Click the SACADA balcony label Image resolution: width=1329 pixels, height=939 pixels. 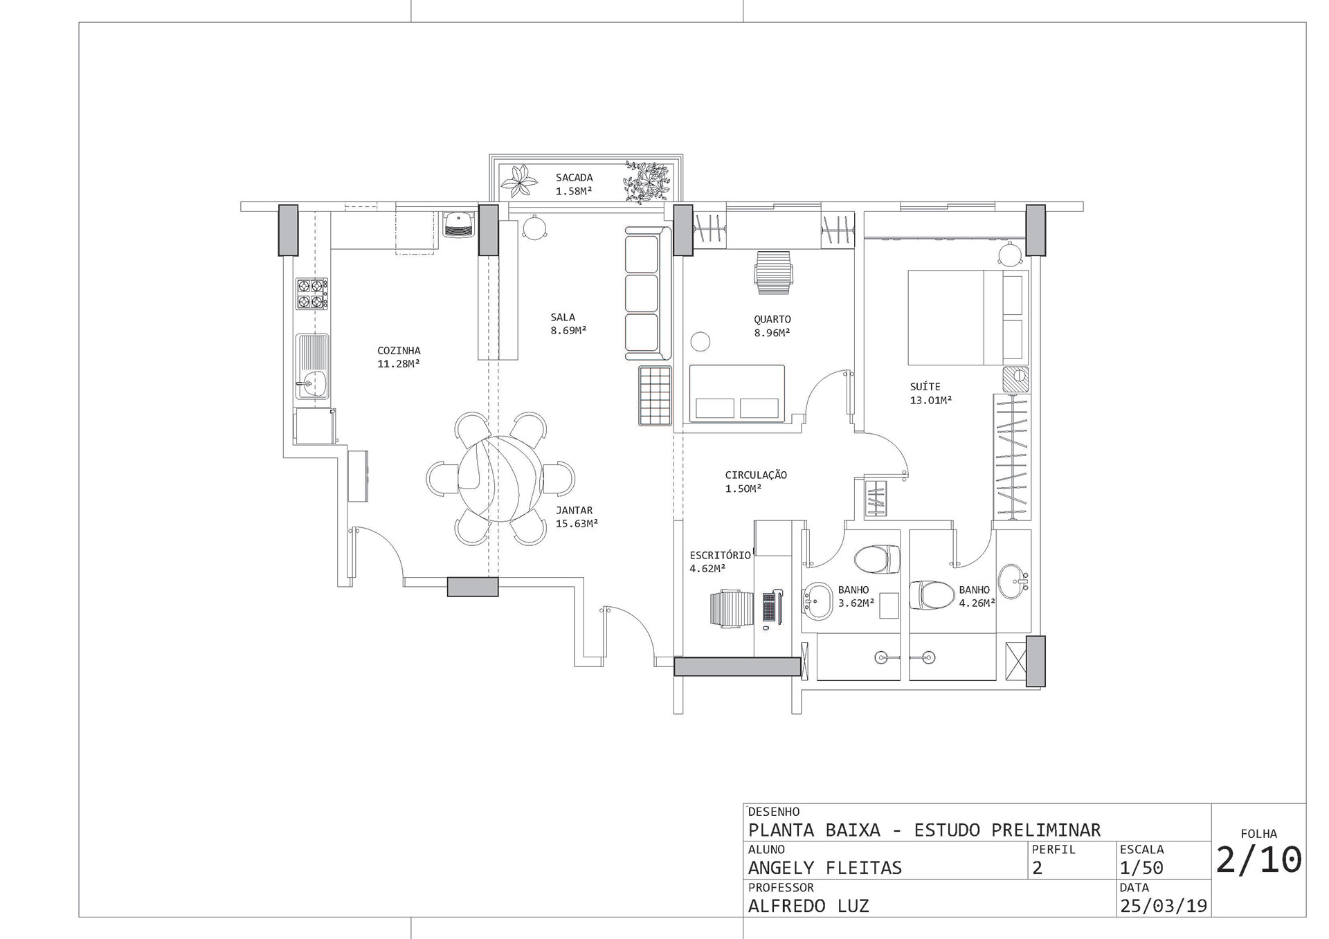(x=574, y=178)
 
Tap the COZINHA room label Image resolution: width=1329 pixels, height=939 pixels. (x=399, y=351)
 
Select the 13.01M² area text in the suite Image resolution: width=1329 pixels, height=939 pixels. (x=930, y=400)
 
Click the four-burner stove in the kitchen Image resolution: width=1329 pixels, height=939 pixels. (x=312, y=293)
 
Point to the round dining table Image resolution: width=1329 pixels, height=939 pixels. (x=498, y=479)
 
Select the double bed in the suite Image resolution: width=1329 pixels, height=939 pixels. (x=968, y=318)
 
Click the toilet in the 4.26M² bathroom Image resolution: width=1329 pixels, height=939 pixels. (x=932, y=595)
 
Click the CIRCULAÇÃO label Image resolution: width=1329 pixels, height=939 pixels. (x=756, y=475)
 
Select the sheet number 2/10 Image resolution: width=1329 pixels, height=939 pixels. (x=1259, y=860)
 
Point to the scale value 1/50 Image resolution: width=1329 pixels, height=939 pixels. (x=1141, y=868)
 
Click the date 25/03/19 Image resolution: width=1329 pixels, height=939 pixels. (x=1163, y=906)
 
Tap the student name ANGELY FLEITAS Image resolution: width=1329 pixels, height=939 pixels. (x=825, y=868)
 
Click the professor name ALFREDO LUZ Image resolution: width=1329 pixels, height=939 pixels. (x=808, y=906)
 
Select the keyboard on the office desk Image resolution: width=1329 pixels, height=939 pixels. (x=768, y=607)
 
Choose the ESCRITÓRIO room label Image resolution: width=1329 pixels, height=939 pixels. (x=720, y=556)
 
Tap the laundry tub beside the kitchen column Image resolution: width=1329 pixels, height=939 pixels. (x=458, y=224)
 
